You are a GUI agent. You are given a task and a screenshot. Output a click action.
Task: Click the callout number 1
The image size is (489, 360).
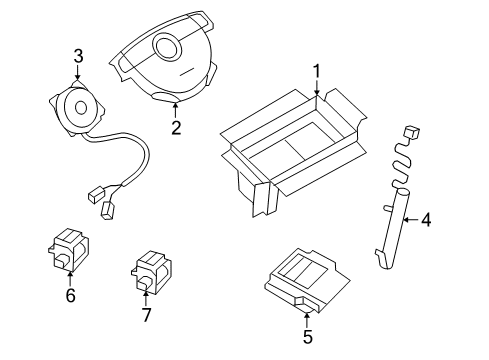pos(316,71)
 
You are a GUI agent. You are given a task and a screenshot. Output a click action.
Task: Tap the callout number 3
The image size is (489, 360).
pos(78,56)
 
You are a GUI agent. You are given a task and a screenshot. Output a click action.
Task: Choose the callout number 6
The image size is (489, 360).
pos(70,296)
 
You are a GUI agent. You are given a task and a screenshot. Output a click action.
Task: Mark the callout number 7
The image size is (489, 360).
pos(146,316)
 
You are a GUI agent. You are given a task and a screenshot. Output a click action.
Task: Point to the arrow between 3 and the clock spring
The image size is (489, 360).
pos(78,73)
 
